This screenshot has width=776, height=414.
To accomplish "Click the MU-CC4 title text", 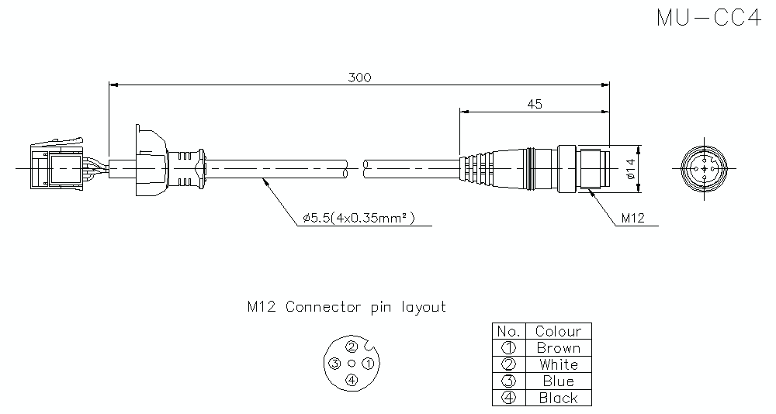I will pyautogui.click(x=708, y=19).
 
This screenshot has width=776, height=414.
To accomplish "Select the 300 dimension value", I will pyautogui.click(x=359, y=78).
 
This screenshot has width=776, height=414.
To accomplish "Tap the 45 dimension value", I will pyautogui.click(x=534, y=104).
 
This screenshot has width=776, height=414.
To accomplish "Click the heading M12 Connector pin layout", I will pyautogui.click(x=346, y=307).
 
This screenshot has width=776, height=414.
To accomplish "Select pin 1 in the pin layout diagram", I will pyautogui.click(x=369, y=363).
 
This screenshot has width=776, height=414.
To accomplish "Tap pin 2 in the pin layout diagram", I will pyautogui.click(x=352, y=347).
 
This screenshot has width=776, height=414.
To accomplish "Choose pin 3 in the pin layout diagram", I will pyautogui.click(x=334, y=363).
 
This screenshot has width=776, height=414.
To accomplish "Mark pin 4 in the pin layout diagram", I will pyautogui.click(x=352, y=380).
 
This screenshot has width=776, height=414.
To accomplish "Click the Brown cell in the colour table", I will pyautogui.click(x=558, y=348).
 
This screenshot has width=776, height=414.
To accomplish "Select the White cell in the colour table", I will pyautogui.click(x=558, y=364).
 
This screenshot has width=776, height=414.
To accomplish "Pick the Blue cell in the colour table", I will pyautogui.click(x=558, y=381).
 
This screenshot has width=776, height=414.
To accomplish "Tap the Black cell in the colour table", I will pyautogui.click(x=558, y=398).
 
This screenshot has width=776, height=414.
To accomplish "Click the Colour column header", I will pyautogui.click(x=558, y=331).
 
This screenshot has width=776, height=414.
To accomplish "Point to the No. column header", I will pyautogui.click(x=509, y=331).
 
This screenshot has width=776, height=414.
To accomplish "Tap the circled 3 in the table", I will pyautogui.click(x=509, y=381).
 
